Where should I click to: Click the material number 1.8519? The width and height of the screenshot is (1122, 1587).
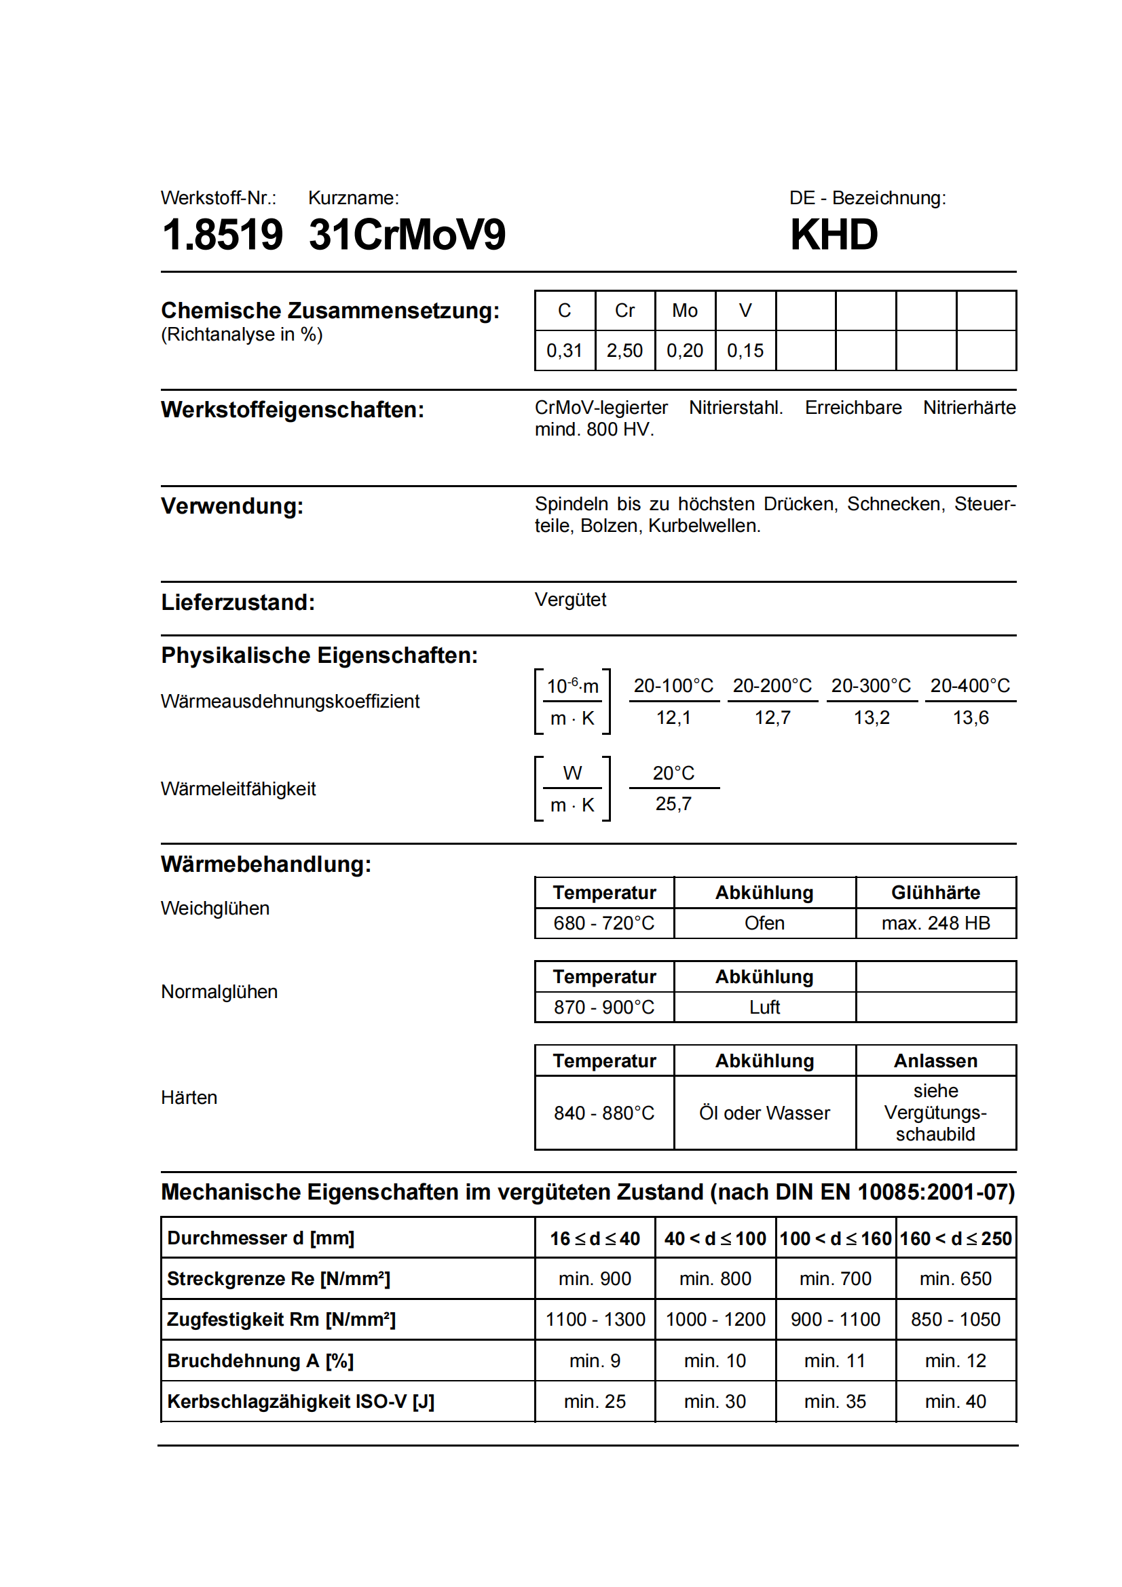222,235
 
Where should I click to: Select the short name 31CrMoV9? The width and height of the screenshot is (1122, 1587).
407,235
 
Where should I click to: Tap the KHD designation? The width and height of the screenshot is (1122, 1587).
834,235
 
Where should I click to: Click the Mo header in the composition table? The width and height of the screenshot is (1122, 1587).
684,311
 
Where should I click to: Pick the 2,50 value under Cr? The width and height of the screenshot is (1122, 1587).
624,350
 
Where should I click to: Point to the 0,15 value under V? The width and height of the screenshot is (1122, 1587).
745,350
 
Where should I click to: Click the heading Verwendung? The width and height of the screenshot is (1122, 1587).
232,506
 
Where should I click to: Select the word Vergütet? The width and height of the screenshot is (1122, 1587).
570,600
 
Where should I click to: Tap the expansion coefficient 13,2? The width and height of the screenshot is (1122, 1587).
871,717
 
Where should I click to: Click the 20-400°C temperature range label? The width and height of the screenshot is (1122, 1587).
970,686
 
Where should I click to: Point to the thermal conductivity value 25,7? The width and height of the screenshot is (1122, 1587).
673,804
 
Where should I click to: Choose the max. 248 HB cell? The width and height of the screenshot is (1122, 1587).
935,923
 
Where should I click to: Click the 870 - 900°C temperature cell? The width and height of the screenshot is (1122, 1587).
603,1007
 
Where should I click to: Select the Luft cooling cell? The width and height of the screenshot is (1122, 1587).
764,1007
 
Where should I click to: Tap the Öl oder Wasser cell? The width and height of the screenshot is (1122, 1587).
764,1113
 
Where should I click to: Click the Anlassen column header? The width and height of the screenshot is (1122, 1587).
935,1061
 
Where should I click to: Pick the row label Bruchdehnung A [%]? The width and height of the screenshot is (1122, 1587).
260,1361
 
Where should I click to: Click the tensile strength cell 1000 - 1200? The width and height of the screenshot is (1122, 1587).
715,1320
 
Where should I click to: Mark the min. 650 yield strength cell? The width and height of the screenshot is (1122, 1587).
956,1279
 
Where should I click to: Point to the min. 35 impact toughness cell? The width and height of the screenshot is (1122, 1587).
835,1402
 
